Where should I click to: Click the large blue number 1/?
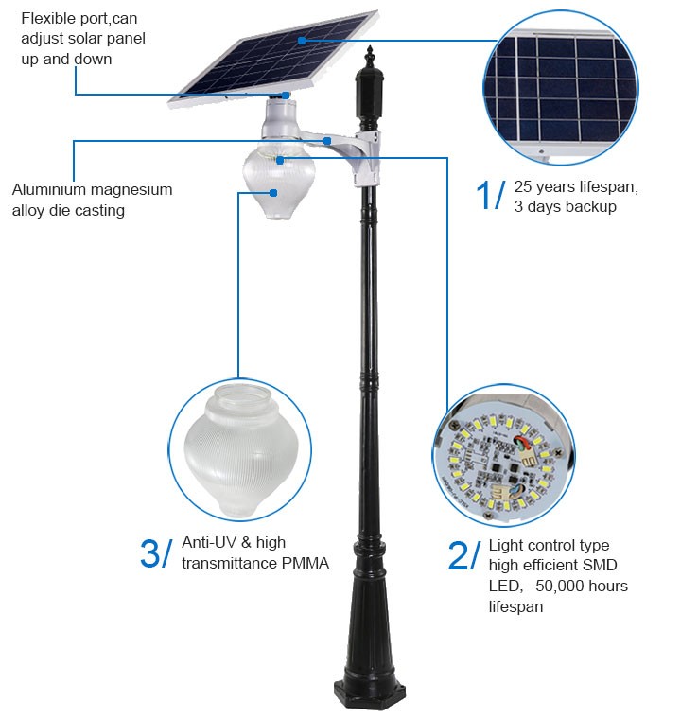tap(491, 195)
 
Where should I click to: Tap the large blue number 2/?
tap(464, 555)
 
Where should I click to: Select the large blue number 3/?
tap(157, 553)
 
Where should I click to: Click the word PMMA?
tap(305, 563)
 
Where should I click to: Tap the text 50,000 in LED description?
tap(558, 586)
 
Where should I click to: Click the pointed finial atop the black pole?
tap(370, 55)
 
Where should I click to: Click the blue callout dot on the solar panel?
tap(302, 41)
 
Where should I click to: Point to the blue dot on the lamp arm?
tap(327, 141)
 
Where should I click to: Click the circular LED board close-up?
tap(504, 456)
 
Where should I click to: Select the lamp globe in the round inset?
tap(241, 449)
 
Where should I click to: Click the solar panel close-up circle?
tap(561, 87)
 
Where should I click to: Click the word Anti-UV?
tap(210, 542)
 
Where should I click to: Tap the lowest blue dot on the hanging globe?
tap(273, 193)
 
